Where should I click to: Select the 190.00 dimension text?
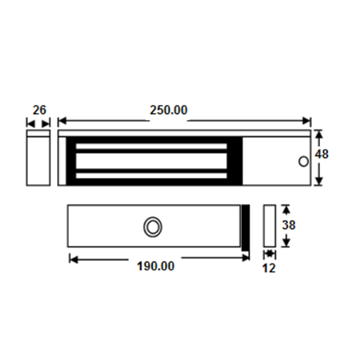(155, 266)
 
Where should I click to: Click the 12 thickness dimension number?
(269, 268)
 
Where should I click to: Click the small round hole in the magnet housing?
(303, 162)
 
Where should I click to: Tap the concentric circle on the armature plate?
(153, 226)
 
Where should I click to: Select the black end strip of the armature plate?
(245, 227)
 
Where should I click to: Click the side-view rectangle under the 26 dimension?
(38, 158)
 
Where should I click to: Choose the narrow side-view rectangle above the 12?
(269, 226)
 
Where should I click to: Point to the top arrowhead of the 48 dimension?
(319, 134)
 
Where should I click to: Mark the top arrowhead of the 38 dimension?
(287, 208)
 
